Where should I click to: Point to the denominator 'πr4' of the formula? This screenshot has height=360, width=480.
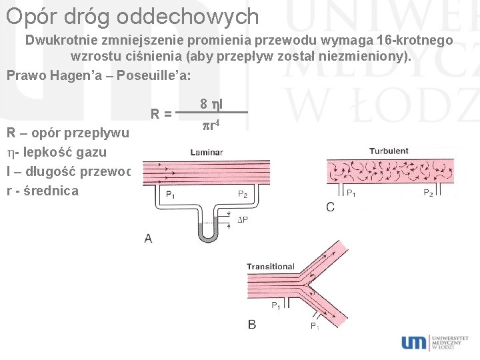click(x=213, y=123)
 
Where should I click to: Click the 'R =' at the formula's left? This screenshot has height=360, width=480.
click(x=161, y=113)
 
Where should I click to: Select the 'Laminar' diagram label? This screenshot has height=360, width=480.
click(x=206, y=153)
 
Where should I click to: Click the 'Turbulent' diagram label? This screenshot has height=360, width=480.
click(x=389, y=151)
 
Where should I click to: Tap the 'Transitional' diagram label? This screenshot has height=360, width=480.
click(x=271, y=267)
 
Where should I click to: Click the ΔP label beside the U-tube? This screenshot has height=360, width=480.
click(x=243, y=220)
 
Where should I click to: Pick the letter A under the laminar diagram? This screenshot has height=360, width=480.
click(x=148, y=238)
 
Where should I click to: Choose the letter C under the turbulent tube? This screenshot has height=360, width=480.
click(x=331, y=207)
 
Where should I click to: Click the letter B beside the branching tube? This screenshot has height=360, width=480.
click(x=252, y=325)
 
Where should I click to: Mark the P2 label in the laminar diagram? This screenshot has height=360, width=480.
click(x=243, y=194)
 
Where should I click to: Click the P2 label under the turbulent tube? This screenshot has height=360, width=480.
click(x=429, y=193)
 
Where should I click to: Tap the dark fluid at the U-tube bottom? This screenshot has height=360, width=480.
click(x=208, y=233)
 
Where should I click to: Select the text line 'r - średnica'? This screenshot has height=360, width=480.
click(x=43, y=191)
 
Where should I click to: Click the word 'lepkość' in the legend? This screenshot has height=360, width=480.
click(x=49, y=152)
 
